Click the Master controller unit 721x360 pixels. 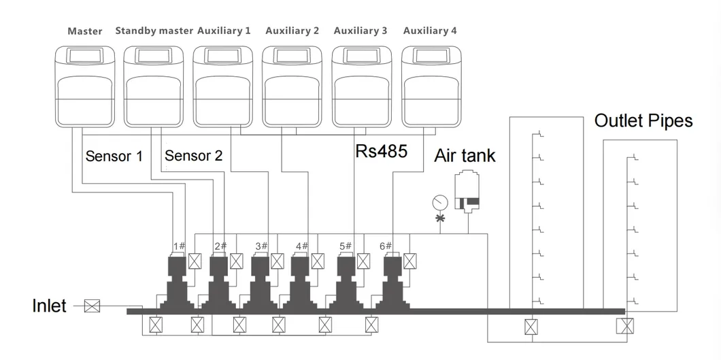[85, 87]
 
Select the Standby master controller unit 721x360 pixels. [154, 87]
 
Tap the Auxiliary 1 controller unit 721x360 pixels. [222, 87]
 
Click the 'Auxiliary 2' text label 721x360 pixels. [292, 31]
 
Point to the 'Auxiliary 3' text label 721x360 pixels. [360, 31]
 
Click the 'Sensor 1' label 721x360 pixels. [114, 156]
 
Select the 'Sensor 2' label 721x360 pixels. [193, 156]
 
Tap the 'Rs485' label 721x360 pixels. [381, 151]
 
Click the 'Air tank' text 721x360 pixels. [465, 156]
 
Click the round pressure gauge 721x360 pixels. [439, 203]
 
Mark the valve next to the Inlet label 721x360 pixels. [91, 306]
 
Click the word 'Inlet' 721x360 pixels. [50, 306]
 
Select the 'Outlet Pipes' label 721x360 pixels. [643, 121]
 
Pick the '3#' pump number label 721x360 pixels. [262, 246]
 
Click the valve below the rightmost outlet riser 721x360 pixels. [622, 327]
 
